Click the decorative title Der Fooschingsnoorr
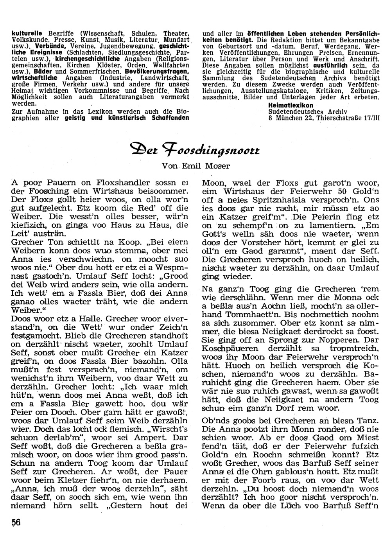(x=195, y=150)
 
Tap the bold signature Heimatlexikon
(x=291, y=106)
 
